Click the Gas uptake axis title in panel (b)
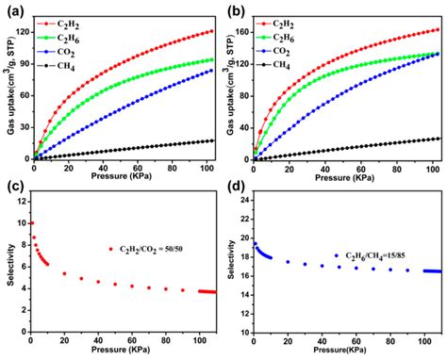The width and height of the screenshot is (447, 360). pos(229,90)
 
